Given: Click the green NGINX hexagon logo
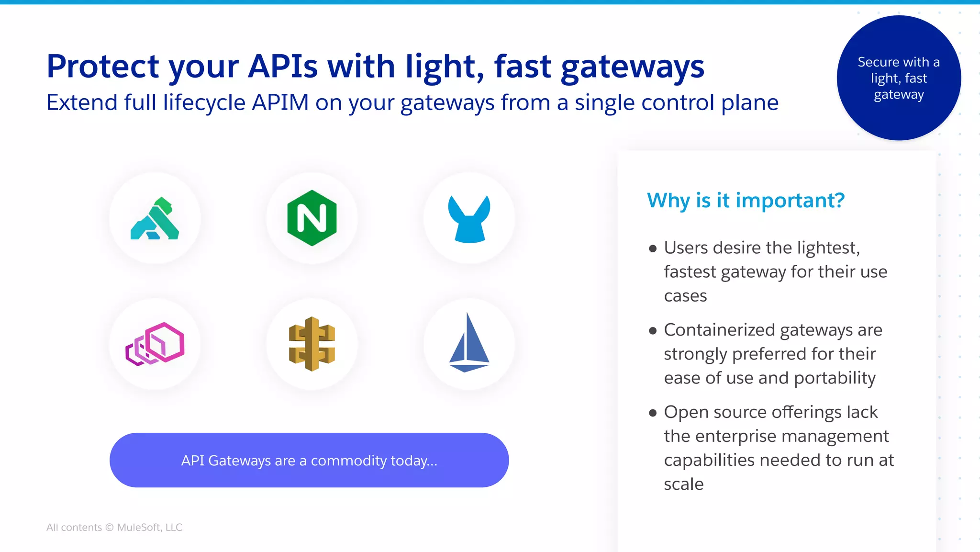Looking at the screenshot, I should coord(312,218).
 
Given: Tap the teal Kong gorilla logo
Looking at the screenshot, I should coord(155,219).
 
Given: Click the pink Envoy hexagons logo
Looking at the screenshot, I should coord(155,344).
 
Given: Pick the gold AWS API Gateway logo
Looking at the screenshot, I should coord(312,344).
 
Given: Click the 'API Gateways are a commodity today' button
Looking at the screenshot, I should coord(309,460).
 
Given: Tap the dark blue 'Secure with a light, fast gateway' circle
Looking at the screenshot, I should coord(899,78).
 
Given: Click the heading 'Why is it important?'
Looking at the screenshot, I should coord(746,200).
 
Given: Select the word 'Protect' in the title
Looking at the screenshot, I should coord(102,67).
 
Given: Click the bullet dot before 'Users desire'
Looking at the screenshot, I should coord(653,248).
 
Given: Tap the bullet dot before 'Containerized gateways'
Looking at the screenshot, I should coord(653,331).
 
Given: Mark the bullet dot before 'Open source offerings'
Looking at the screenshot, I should coord(653,413).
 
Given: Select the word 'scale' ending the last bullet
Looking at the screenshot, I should coord(683,484).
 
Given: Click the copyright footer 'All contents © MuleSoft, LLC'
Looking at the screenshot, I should coord(114,527).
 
